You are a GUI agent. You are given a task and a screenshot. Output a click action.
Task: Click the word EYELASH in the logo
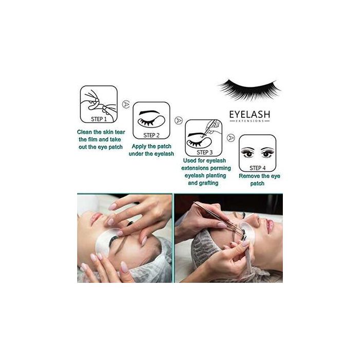(x=248, y=114)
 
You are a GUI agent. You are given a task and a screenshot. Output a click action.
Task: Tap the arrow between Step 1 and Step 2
(x=126, y=104)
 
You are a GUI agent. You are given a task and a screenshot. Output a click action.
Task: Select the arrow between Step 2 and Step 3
(x=177, y=120)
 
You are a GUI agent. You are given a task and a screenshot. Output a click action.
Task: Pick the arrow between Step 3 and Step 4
(x=231, y=137)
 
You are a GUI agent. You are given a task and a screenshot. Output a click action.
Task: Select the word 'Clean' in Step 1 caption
(x=87, y=132)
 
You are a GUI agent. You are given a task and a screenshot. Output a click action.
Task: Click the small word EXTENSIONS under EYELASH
(x=248, y=121)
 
